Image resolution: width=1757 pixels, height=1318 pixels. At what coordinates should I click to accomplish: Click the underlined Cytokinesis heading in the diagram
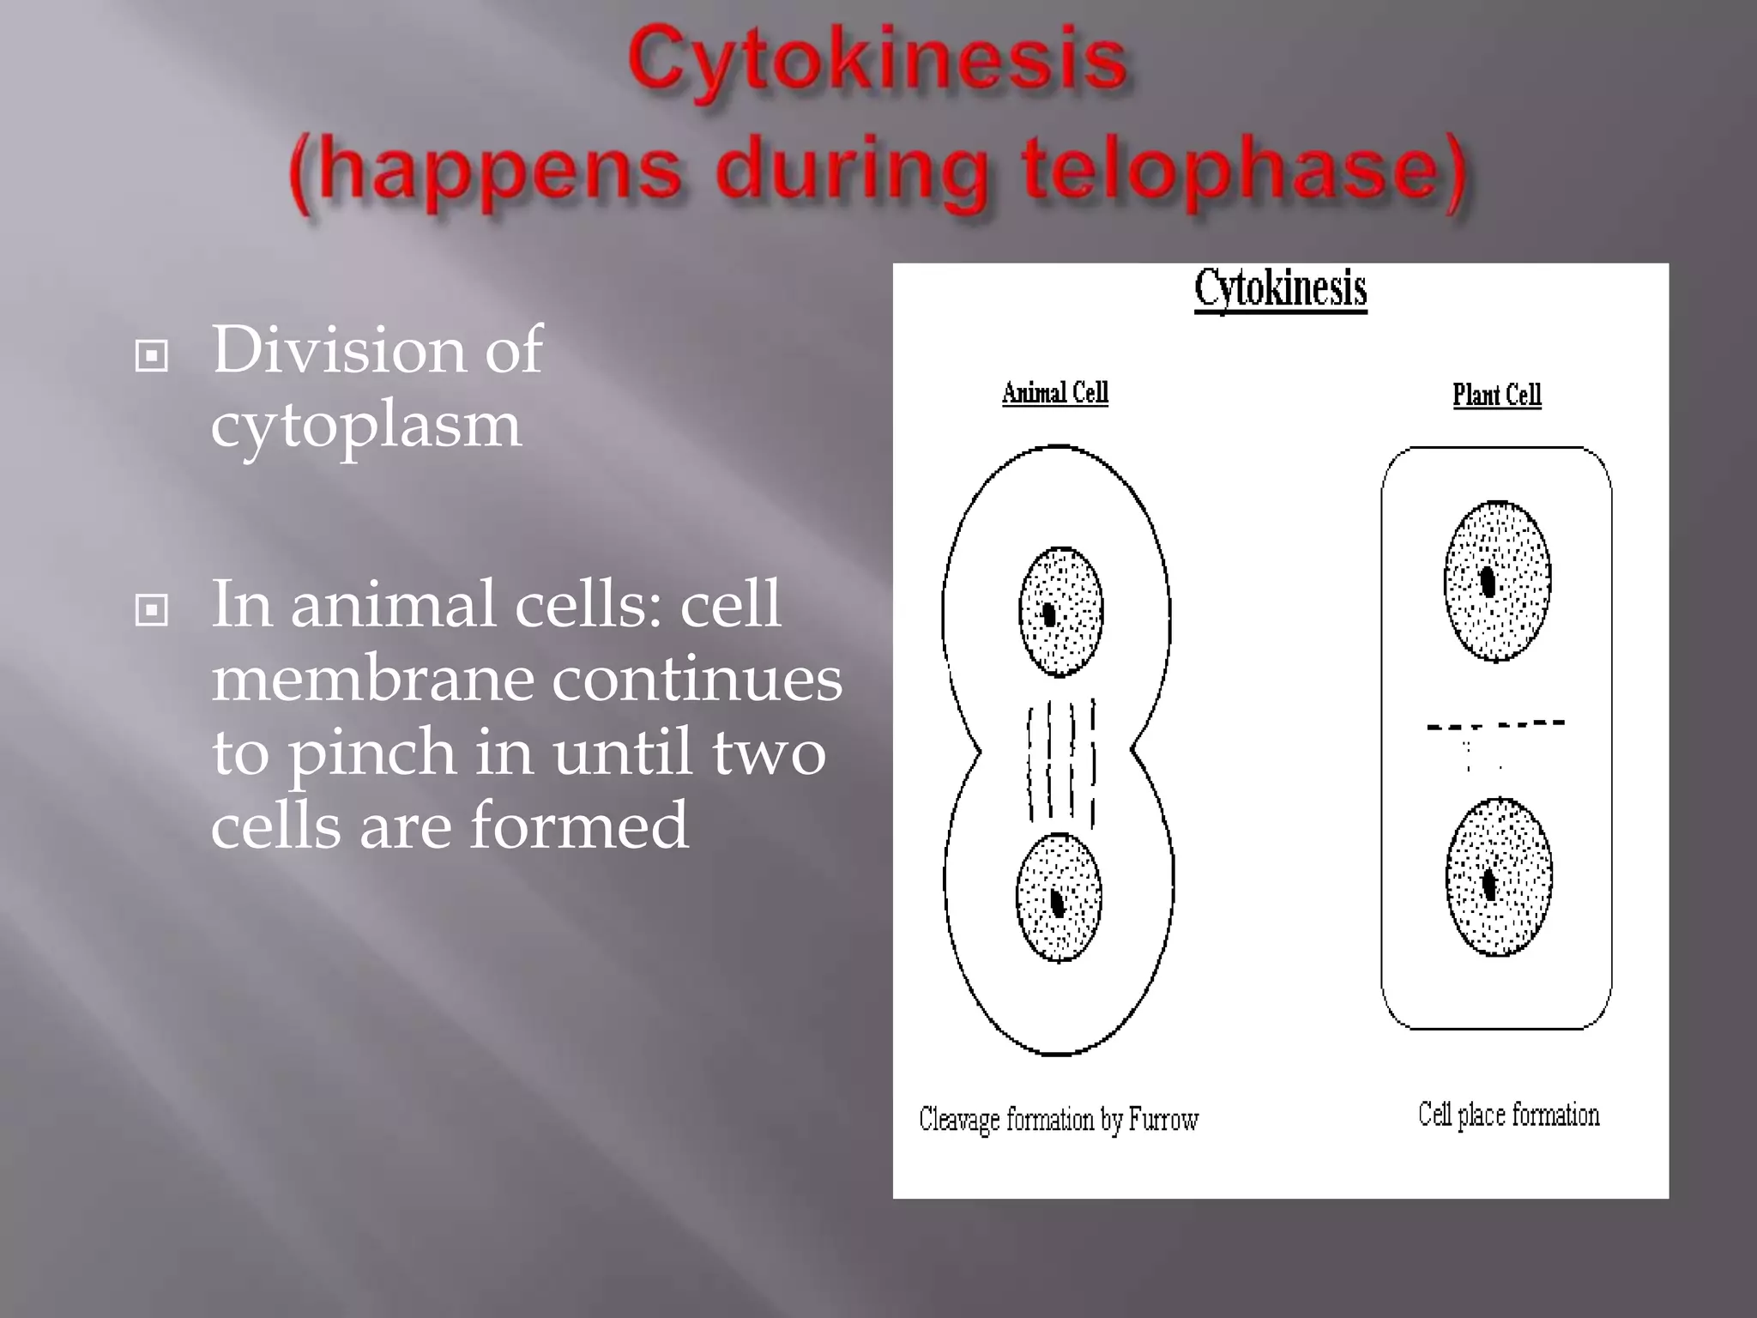(1280, 288)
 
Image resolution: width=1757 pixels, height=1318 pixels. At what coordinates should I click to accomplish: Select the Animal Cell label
(1054, 393)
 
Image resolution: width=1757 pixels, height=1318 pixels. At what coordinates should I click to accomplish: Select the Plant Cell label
(1496, 395)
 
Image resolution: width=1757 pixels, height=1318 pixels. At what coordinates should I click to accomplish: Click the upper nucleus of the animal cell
(1060, 611)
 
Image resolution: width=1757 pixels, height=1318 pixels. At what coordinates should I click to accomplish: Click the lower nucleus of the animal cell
(1058, 898)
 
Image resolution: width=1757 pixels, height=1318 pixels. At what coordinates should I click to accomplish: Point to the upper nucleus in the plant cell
(1497, 581)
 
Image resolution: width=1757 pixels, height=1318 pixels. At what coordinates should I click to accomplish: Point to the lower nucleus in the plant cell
(1498, 877)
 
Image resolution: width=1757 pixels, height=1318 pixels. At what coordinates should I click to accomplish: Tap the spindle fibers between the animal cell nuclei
(1061, 762)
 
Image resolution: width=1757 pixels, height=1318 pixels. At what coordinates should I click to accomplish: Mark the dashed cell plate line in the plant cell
(1494, 725)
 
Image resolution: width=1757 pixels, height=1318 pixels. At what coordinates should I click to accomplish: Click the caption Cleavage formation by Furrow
(1058, 1120)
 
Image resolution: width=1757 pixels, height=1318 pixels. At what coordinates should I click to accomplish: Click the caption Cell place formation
(1508, 1115)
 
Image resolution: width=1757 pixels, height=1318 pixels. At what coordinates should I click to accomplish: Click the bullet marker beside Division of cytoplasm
(152, 356)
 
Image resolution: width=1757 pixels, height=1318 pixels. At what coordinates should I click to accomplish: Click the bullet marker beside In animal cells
(152, 611)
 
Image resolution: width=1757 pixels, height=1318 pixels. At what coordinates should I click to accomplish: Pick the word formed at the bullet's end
(579, 825)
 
